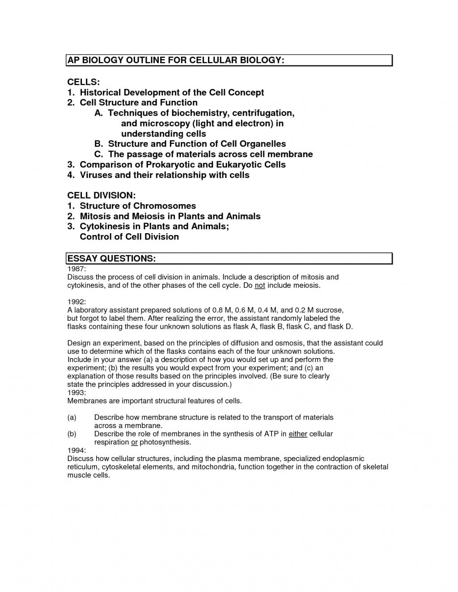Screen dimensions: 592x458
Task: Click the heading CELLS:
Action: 83,82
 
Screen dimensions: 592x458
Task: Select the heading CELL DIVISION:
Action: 101,196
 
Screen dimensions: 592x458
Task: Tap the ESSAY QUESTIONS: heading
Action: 111,259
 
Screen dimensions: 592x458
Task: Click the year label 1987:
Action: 76,269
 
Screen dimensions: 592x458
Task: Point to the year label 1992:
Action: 76,302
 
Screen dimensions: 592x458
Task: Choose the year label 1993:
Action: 76,393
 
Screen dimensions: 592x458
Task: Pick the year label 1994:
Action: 76,450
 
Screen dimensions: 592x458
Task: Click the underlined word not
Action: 260,286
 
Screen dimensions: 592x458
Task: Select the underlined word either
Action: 298,434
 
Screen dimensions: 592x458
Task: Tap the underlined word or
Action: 134,442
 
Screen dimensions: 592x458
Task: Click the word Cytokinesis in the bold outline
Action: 106,227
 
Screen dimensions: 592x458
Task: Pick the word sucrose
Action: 329,310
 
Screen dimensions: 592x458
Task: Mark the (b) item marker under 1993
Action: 72,434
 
